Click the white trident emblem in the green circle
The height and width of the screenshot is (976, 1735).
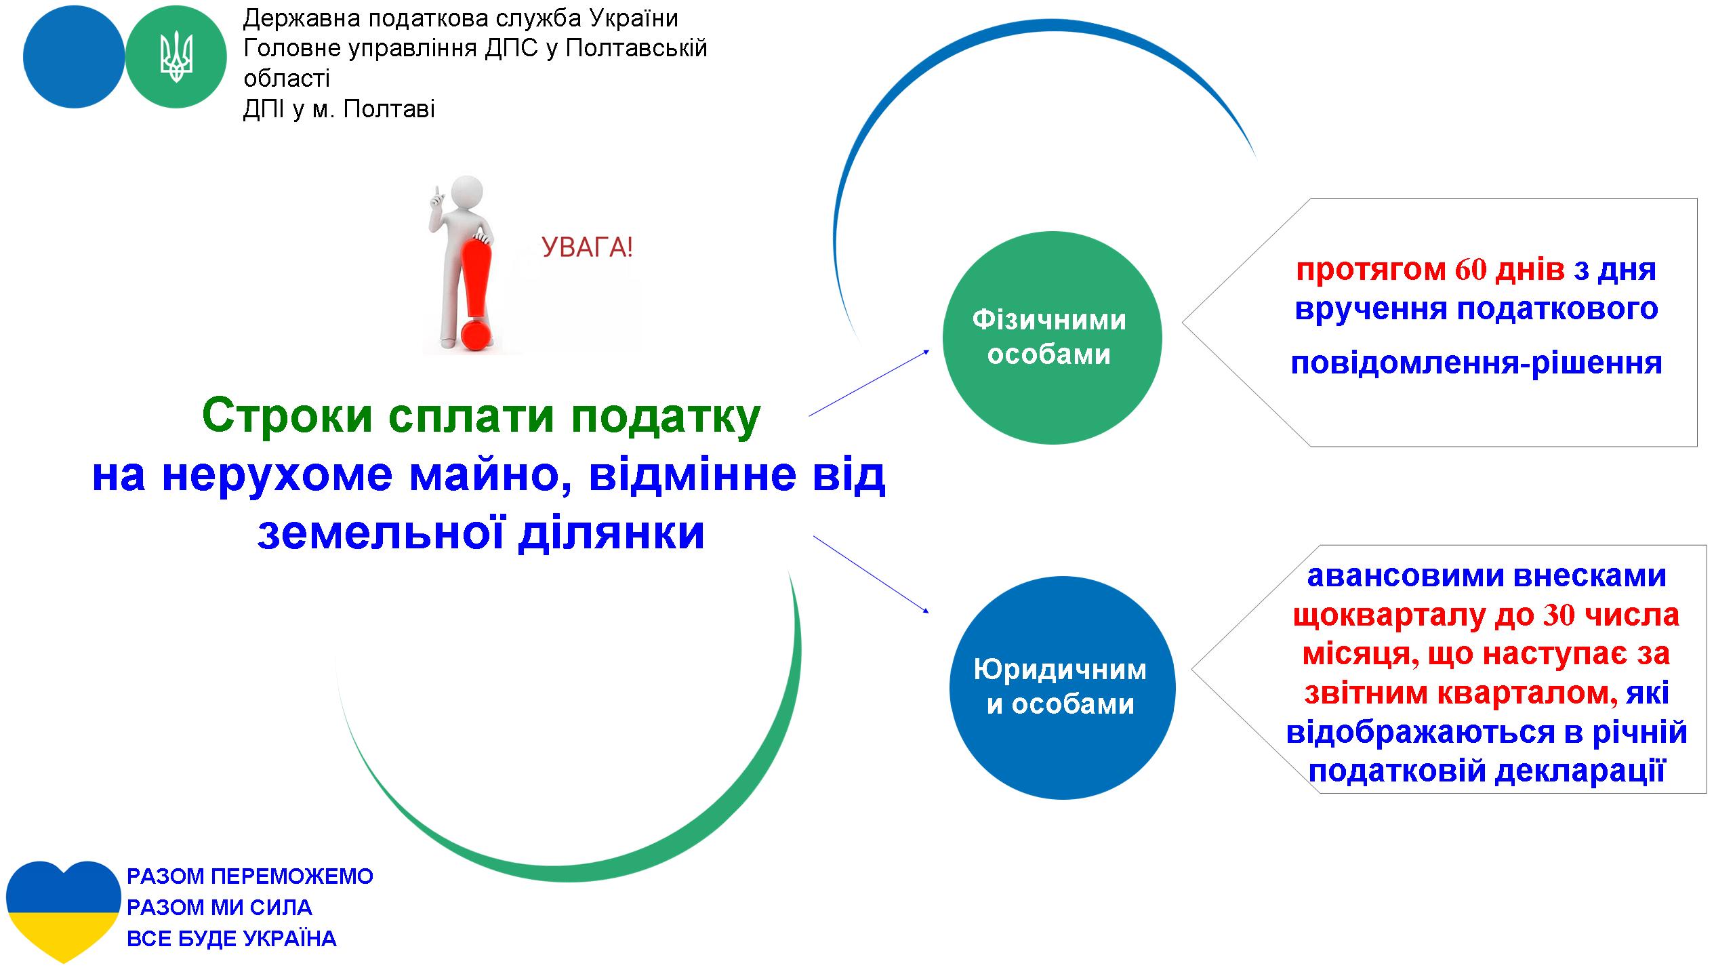click(176, 58)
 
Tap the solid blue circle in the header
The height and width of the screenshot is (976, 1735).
click(74, 58)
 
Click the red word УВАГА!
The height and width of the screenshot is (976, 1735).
click(588, 248)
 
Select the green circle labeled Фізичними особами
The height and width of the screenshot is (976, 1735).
click(1052, 338)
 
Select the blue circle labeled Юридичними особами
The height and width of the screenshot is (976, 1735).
click(1062, 688)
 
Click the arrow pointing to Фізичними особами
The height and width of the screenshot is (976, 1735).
click(869, 383)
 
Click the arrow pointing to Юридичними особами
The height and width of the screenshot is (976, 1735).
click(871, 575)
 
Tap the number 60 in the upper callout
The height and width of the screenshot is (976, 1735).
click(1471, 270)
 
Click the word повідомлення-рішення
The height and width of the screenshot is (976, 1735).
click(1476, 363)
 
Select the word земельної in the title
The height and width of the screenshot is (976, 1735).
click(380, 533)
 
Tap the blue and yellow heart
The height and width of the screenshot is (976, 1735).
click(63, 912)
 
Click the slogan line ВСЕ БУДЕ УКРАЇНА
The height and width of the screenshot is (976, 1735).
click(232, 939)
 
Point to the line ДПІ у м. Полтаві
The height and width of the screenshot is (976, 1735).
click(339, 109)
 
